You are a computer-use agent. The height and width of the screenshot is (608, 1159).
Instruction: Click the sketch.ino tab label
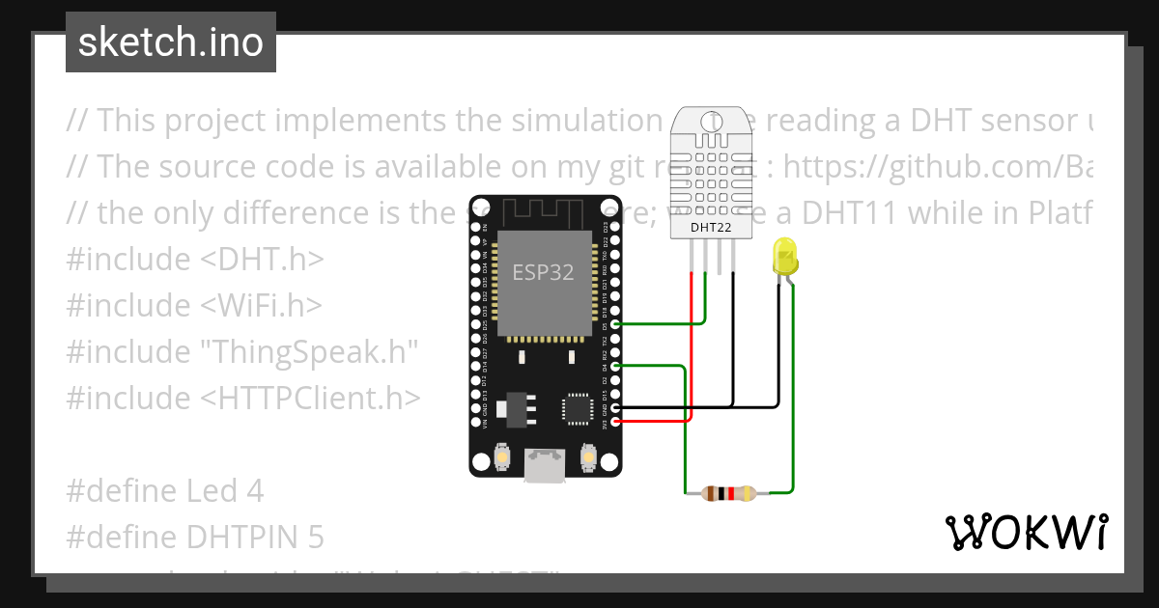point(170,42)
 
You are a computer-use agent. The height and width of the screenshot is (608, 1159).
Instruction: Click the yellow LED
point(785,258)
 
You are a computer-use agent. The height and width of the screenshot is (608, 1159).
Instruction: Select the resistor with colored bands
point(730,494)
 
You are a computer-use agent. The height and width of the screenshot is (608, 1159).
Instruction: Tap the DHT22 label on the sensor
point(710,228)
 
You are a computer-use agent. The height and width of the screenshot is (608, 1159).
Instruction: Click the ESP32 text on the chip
point(543,273)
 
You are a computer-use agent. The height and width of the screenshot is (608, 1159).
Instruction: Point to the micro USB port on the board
point(545,466)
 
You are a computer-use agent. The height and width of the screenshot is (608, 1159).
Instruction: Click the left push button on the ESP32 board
point(502,456)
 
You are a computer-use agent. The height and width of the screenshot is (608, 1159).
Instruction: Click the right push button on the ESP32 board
point(587,456)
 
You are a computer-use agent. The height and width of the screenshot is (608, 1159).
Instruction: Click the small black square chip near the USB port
point(579,408)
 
